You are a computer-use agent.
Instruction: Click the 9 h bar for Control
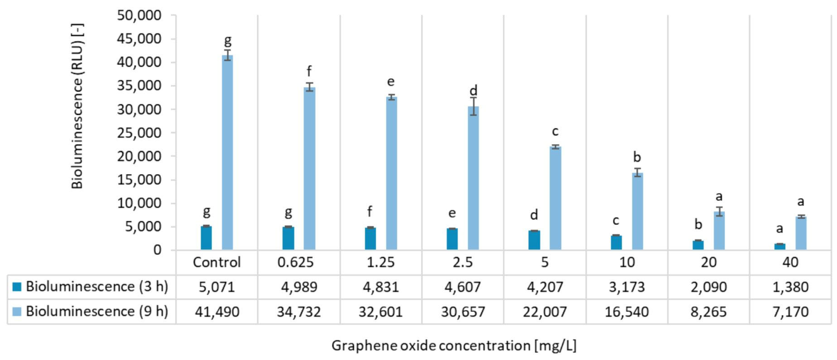(x=227, y=153)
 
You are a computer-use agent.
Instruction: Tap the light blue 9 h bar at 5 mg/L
(x=555, y=198)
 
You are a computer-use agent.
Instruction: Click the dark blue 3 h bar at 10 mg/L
(x=616, y=242)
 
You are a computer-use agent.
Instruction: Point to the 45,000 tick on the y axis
(x=139, y=39)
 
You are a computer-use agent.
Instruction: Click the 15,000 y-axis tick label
(x=139, y=180)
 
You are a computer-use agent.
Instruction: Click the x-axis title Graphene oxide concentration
(x=454, y=345)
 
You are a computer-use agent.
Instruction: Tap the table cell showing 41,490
(x=217, y=312)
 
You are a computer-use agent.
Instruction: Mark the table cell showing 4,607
(x=463, y=287)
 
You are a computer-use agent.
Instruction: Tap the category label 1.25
(x=381, y=262)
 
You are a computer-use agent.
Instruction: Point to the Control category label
(x=217, y=262)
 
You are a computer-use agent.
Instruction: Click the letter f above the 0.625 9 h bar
(x=309, y=71)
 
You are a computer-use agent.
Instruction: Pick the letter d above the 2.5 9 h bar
(x=473, y=91)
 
